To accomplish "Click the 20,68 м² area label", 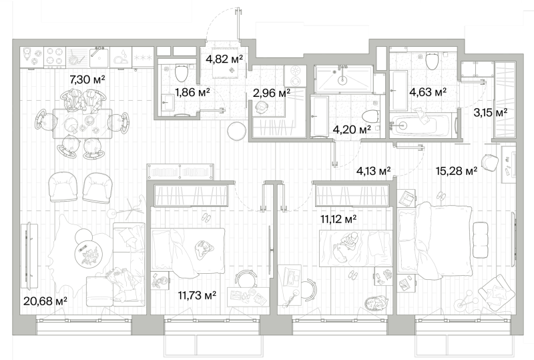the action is click(x=45, y=301).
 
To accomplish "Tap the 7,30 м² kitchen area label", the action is click(x=87, y=79).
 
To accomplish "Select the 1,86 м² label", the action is click(x=192, y=92).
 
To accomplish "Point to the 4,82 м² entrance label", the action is click(x=224, y=59).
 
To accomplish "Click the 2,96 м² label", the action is click(x=272, y=92).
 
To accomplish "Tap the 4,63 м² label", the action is click(x=428, y=92).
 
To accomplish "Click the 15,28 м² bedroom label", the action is click(x=457, y=170).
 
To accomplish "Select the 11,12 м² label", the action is click(x=338, y=218).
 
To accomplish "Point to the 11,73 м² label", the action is click(x=197, y=295).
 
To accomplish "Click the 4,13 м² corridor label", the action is click(x=373, y=170).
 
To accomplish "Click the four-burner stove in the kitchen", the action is click(x=55, y=57).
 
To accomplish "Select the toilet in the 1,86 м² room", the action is click(x=181, y=72).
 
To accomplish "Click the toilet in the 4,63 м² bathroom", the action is click(x=432, y=61).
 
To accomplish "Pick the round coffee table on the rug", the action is click(x=89, y=253).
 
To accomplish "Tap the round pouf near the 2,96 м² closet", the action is click(x=237, y=130).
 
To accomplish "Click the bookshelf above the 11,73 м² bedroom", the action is click(x=180, y=172).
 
